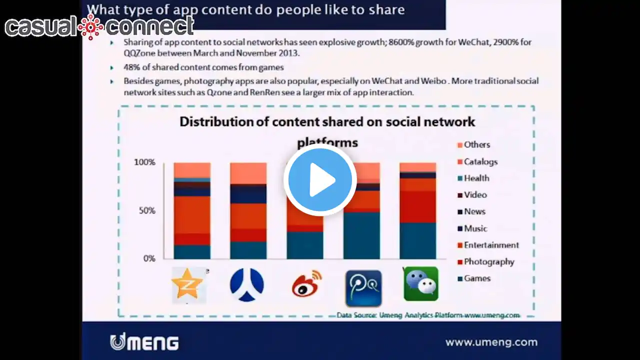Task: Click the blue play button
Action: (320, 179)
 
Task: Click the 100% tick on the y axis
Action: (144, 162)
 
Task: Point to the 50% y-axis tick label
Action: (147, 210)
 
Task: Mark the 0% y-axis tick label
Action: (149, 258)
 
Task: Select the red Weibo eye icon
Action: (307, 284)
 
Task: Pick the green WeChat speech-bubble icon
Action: (421, 284)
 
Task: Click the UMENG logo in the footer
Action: (144, 342)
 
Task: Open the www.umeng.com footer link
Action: (491, 342)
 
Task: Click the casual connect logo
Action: (99, 26)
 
